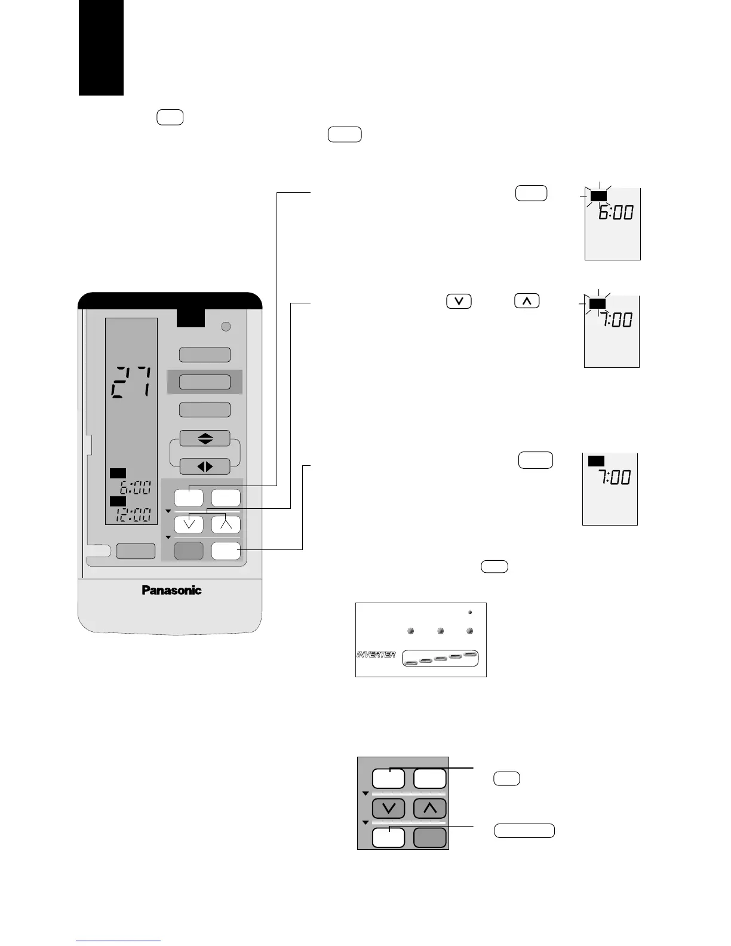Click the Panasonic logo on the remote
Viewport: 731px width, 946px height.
tap(171, 590)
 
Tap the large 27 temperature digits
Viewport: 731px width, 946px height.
tap(131, 382)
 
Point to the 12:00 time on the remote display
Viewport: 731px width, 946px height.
tap(133, 515)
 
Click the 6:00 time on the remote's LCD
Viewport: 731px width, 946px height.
tap(133, 487)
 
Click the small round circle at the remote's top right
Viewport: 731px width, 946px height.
tap(225, 327)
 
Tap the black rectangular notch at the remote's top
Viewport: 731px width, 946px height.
tap(191, 318)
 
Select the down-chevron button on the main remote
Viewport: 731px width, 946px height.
tap(189, 524)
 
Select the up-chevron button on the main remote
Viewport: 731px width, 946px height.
tap(226, 524)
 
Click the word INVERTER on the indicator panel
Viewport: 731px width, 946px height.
tap(376, 655)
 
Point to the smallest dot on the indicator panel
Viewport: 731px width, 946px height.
tap(469, 612)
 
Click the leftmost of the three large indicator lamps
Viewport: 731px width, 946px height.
tap(411, 631)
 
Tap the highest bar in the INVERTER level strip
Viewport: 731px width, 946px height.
tap(471, 655)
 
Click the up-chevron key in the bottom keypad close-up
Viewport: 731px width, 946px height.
tap(430, 809)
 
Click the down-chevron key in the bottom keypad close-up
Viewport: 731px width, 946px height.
tap(388, 809)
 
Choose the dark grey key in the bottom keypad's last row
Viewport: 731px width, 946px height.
tap(430, 837)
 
